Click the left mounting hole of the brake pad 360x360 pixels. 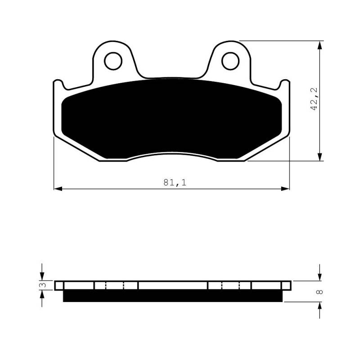tap(113, 61)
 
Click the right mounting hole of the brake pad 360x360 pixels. tap(230, 61)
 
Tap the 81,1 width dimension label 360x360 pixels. tap(175, 183)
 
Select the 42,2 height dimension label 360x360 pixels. tap(314, 99)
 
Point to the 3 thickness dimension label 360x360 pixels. tap(43, 285)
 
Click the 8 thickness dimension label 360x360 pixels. tap(319, 292)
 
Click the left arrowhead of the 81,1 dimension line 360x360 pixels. tap(58, 189)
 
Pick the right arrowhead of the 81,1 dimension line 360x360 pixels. tap(285, 189)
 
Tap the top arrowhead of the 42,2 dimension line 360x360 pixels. tap(319, 45)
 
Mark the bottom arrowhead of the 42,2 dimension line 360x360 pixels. tap(319, 157)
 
